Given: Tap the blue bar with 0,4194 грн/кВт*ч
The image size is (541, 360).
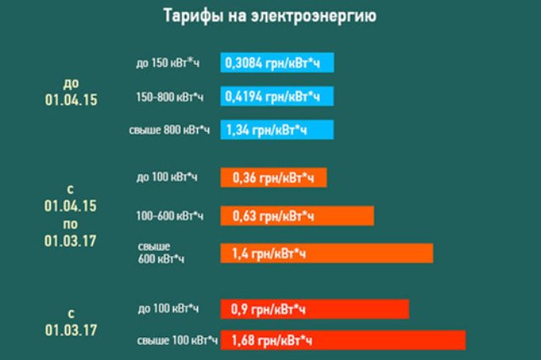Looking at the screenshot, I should pos(277,96).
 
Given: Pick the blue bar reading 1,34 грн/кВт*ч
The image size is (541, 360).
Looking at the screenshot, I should pos(277,130).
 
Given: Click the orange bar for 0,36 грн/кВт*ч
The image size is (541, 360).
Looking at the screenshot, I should pos(273,177).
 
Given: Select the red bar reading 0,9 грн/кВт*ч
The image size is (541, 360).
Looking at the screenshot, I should pos(314,309).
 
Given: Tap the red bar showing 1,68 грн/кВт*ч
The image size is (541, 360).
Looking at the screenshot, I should pos(342,340).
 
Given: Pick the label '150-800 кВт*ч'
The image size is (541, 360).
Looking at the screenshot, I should pos(168,97).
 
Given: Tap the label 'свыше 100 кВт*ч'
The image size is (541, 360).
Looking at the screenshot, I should pos(169,341).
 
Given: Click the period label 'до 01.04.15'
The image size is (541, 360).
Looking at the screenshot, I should pos(71,91).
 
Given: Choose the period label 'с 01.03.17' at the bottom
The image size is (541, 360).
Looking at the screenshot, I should pos(71,321).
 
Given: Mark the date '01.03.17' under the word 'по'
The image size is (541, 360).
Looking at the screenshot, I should pos(71,241).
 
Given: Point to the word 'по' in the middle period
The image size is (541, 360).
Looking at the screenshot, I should pos(71,223).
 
